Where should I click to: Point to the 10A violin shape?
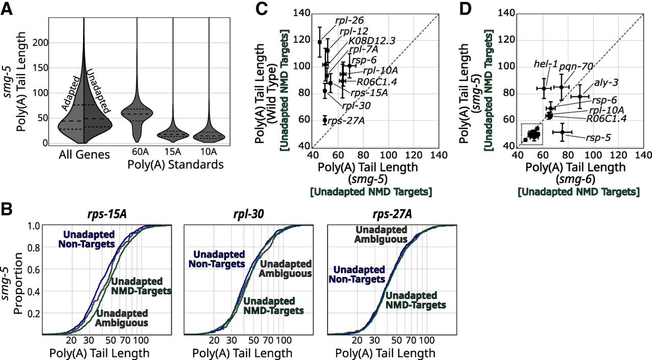pos(197,134)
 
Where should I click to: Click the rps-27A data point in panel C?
pos(324,120)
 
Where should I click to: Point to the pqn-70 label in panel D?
pos(576,66)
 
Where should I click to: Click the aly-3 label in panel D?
pos(605,84)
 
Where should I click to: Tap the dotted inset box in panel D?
pos(532,134)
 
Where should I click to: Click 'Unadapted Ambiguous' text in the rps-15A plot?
pos(122,317)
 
